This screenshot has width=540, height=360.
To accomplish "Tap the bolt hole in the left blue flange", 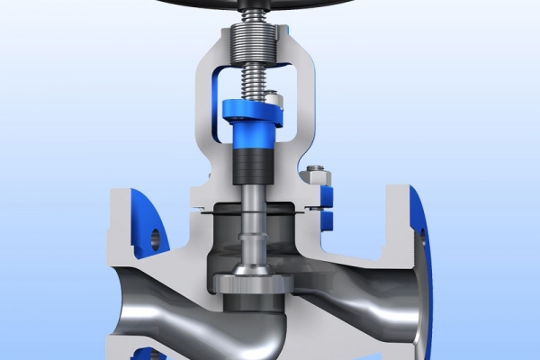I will [x=154, y=238].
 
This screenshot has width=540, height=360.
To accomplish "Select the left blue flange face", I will [x=144, y=220].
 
